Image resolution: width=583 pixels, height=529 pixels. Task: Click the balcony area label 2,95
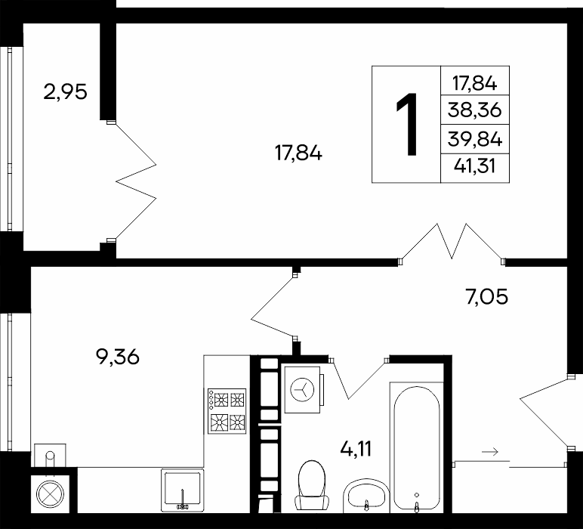(66, 92)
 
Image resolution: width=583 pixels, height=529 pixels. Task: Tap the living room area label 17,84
(298, 153)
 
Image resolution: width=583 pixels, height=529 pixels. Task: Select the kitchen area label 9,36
(118, 357)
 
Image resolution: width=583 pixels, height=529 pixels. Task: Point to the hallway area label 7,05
(486, 297)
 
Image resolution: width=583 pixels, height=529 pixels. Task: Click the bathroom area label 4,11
(356, 449)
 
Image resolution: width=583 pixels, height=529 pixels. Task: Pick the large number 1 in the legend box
(407, 124)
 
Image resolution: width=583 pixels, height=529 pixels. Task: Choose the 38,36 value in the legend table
(475, 110)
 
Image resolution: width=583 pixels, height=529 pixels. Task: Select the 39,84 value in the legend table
(475, 140)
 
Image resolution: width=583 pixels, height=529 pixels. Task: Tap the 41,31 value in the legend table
(475, 166)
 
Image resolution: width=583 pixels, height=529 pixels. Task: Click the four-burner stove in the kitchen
(227, 411)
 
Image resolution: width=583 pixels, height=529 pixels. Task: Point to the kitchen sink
(182, 490)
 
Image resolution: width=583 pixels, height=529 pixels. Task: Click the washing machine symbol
(303, 389)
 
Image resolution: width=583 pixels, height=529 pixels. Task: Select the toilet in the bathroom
(312, 485)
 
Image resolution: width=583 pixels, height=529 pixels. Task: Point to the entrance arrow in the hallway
(489, 452)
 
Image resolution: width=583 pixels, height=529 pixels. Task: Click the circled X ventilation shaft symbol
(50, 494)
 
